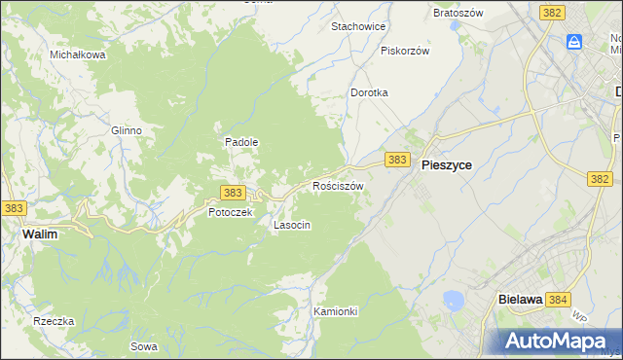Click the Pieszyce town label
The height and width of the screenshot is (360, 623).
click(447, 165)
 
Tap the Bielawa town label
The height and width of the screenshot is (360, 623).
click(519, 301)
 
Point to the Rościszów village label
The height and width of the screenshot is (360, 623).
click(338, 185)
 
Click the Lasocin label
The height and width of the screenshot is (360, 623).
click(292, 225)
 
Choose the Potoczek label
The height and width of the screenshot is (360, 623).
click(231, 212)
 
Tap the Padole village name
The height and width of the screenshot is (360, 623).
click(241, 142)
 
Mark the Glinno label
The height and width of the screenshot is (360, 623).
click(127, 130)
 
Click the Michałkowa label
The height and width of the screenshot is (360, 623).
click(78, 55)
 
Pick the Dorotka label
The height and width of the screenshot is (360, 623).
click(370, 93)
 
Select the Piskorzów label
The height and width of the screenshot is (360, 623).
click(405, 51)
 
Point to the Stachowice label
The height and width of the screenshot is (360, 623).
click(359, 26)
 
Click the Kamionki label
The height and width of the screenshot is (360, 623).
click(337, 311)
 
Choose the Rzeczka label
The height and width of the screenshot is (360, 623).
click(54, 321)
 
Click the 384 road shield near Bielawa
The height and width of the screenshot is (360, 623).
click(558, 301)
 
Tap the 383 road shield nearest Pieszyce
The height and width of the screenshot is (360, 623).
click(396, 159)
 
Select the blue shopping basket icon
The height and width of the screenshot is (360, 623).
click(574, 42)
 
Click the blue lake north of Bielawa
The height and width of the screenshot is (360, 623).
click(452, 301)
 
